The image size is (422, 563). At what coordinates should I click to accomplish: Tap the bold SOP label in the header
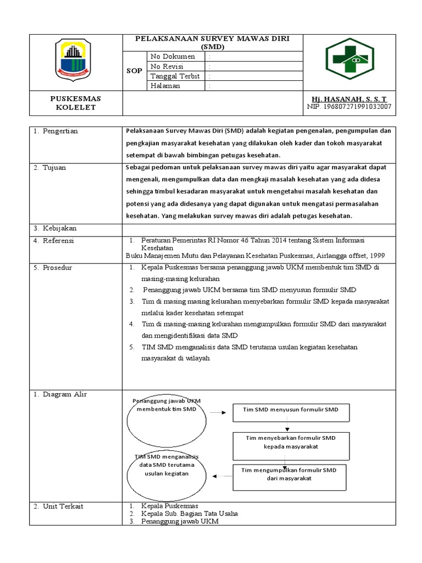pyautogui.click(x=135, y=71)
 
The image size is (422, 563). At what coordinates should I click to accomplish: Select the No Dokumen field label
pyautogui.click(x=172, y=56)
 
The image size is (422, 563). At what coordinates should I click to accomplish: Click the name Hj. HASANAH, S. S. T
pyautogui.click(x=348, y=98)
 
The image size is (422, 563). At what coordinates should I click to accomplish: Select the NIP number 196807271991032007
pyautogui.click(x=348, y=107)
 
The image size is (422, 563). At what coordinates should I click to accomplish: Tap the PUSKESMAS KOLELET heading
pyautogui.click(x=76, y=103)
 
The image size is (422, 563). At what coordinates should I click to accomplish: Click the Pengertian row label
pyautogui.click(x=60, y=131)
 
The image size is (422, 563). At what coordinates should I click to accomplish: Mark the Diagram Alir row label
pyautogui.click(x=63, y=394)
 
